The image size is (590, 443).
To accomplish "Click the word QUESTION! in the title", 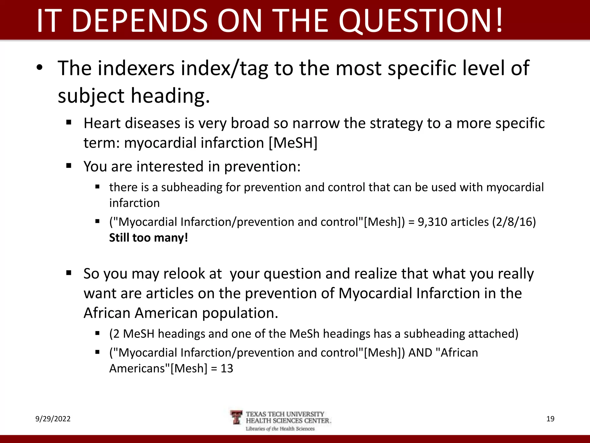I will click(x=421, y=21).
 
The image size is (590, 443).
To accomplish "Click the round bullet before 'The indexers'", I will click(x=39, y=68).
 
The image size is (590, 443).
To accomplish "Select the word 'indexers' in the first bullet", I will click(x=136, y=68).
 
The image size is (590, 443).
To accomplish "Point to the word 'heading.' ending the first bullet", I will click(x=171, y=96).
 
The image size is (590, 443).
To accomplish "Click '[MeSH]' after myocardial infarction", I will click(x=293, y=143).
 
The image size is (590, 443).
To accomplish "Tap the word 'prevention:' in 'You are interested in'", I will click(x=262, y=166).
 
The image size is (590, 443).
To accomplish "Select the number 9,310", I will click(x=432, y=222).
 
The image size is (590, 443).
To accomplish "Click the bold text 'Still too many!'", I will click(x=148, y=238).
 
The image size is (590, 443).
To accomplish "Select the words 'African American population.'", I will click(x=181, y=313).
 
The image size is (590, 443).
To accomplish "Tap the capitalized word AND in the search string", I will click(x=420, y=352).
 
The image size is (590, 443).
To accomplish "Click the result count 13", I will click(x=227, y=368).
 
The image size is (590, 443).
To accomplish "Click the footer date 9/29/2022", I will click(x=53, y=419).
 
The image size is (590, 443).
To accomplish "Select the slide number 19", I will click(x=550, y=419).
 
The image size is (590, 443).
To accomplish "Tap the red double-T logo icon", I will click(x=237, y=417).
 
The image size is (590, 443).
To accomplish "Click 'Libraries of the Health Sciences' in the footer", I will click(x=280, y=429).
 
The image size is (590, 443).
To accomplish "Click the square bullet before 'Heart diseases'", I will click(x=69, y=123).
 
